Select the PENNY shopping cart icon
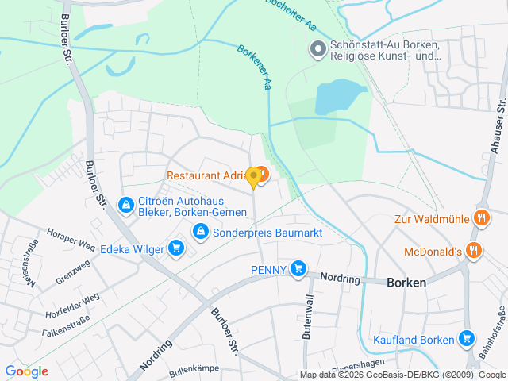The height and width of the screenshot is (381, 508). point(298,269)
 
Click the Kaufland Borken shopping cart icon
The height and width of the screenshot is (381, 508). point(467,340)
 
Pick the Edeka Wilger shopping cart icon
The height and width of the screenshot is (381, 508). point(177,249)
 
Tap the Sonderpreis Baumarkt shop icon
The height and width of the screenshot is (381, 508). point(201,231)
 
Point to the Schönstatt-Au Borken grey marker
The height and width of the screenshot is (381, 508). point(318,49)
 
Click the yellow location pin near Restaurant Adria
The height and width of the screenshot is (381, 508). point(253,177)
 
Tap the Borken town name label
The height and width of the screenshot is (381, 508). point(406,283)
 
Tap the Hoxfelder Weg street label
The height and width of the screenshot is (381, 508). point(71,305)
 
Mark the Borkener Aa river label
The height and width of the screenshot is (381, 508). point(255,67)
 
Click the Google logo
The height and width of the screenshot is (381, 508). point(26,371)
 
